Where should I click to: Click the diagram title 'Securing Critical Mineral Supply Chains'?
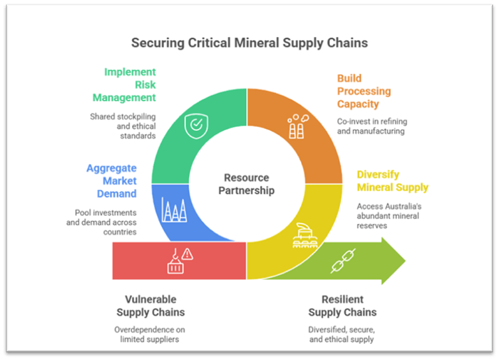249,43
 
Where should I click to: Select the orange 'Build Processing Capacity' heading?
363,91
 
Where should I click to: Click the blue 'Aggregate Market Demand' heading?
111,181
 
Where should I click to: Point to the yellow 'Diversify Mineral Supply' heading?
392,181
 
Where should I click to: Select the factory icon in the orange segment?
297,127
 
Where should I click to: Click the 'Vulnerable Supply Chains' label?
151,306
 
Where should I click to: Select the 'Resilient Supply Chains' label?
342,306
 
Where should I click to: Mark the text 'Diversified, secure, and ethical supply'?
341,334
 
